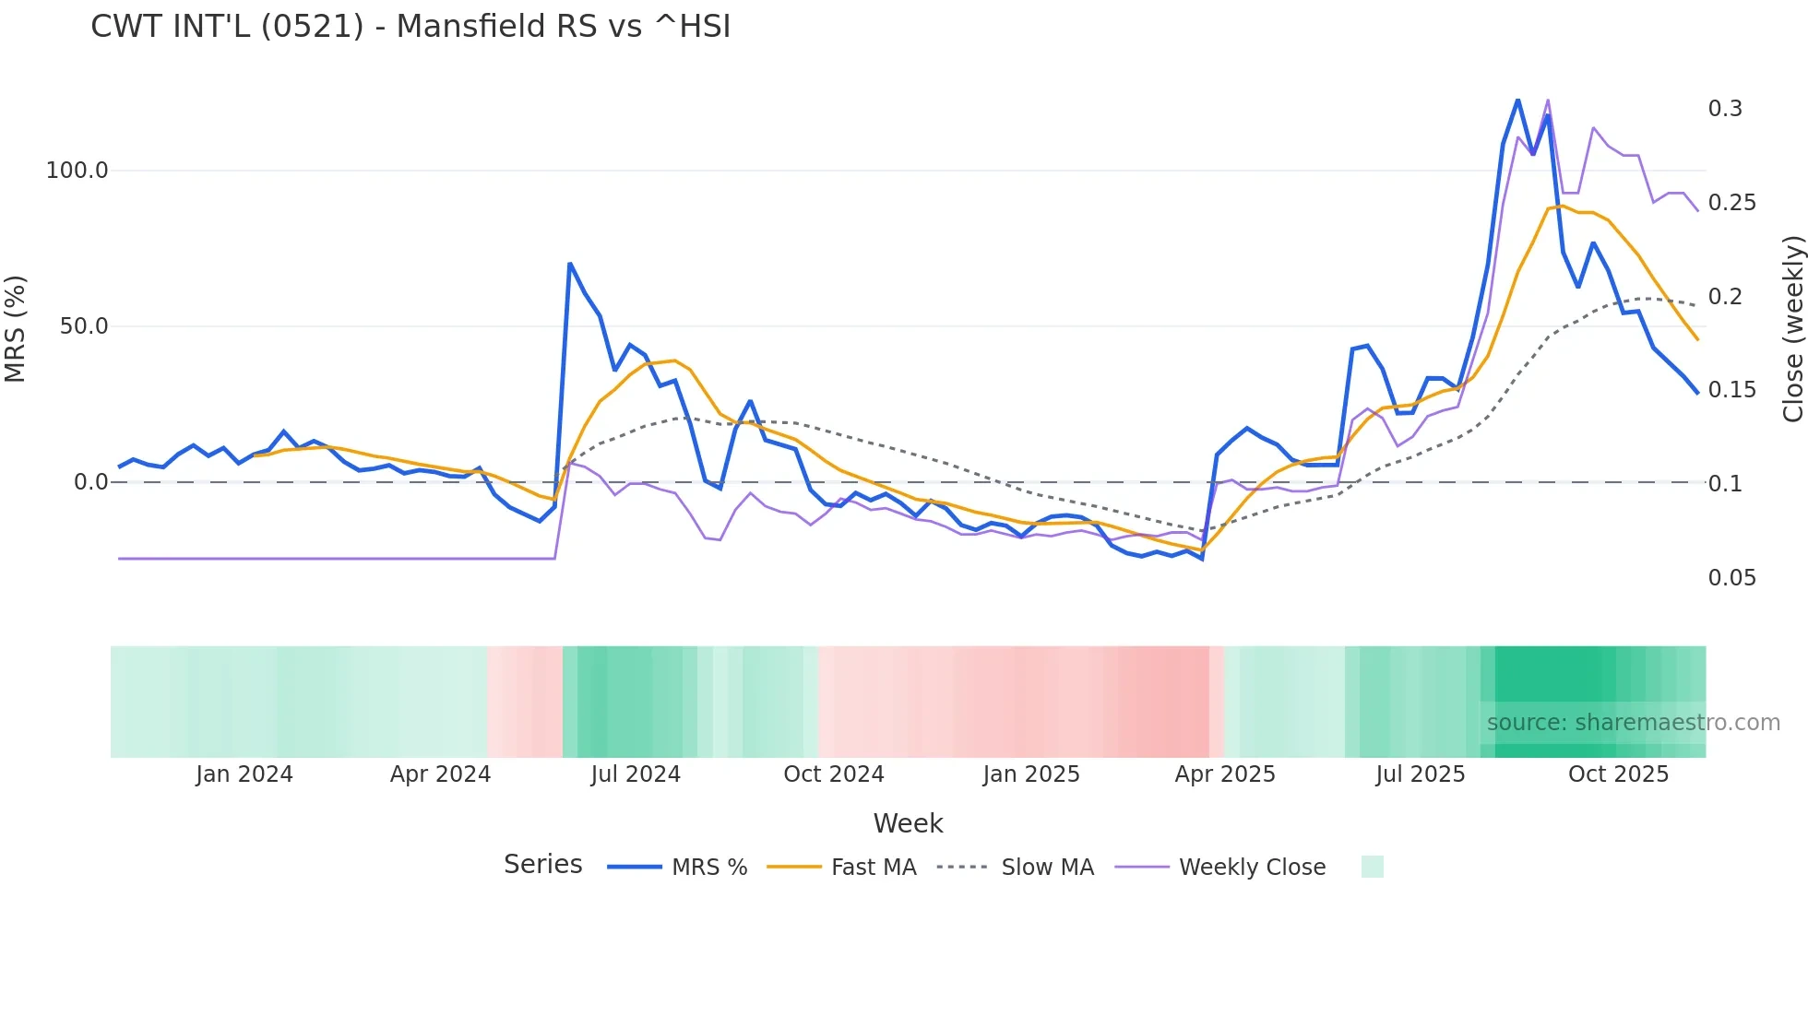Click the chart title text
point(410,27)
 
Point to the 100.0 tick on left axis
point(77,171)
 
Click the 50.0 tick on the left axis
point(84,326)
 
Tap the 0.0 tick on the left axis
point(90,482)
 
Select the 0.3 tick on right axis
point(1725,109)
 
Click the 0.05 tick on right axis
point(1731,578)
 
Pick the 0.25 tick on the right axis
point(1731,203)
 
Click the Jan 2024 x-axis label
point(244,774)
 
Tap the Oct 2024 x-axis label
point(834,774)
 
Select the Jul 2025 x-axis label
point(1421,774)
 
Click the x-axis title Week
point(908,823)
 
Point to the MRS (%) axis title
point(16,328)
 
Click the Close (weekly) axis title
point(1792,328)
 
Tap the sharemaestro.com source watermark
point(1633,723)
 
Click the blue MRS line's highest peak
point(1517,100)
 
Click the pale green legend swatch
point(1372,867)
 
